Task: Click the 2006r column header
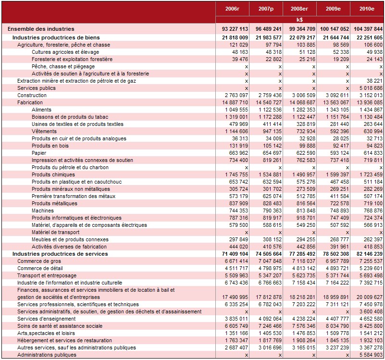232,9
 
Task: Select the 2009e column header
333,9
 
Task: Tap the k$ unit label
299,20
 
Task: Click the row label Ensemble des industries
41,29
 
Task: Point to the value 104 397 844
368,29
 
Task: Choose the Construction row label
32,95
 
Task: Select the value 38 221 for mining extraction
374,81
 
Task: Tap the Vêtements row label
44,131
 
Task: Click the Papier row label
39,153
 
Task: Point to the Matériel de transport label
55,232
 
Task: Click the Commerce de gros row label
39,261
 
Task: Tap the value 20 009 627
370,297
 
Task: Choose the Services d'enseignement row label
47,319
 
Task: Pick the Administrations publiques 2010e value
371,355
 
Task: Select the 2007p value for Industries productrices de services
269,254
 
